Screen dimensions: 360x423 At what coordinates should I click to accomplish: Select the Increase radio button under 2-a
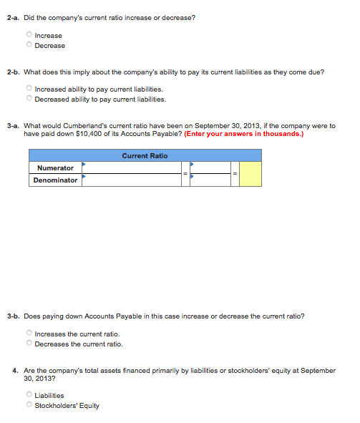pos(29,35)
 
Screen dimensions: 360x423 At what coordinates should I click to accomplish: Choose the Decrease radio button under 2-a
pos(29,45)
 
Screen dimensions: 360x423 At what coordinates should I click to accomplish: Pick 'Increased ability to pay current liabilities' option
pos(29,89)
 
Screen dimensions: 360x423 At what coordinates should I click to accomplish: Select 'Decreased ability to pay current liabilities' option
pos(29,99)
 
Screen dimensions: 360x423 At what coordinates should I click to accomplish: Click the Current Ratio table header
pos(145,155)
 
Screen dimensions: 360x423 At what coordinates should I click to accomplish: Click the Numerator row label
pos(55,167)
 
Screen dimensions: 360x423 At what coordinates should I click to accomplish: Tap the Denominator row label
pos(55,180)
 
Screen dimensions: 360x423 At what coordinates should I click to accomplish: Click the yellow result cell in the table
pos(250,174)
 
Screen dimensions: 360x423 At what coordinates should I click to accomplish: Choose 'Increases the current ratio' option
pos(29,334)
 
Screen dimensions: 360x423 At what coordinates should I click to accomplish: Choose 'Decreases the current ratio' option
pos(29,344)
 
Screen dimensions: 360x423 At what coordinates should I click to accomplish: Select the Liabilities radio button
pos(29,395)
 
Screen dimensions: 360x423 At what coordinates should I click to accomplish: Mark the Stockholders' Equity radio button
pos(29,405)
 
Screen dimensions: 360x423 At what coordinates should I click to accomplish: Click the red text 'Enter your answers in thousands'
pos(243,133)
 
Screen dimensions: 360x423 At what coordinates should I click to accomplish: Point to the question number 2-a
pos(13,17)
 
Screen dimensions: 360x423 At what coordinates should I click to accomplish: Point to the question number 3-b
pos(13,316)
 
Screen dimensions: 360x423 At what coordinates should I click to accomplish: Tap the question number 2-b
pos(13,72)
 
